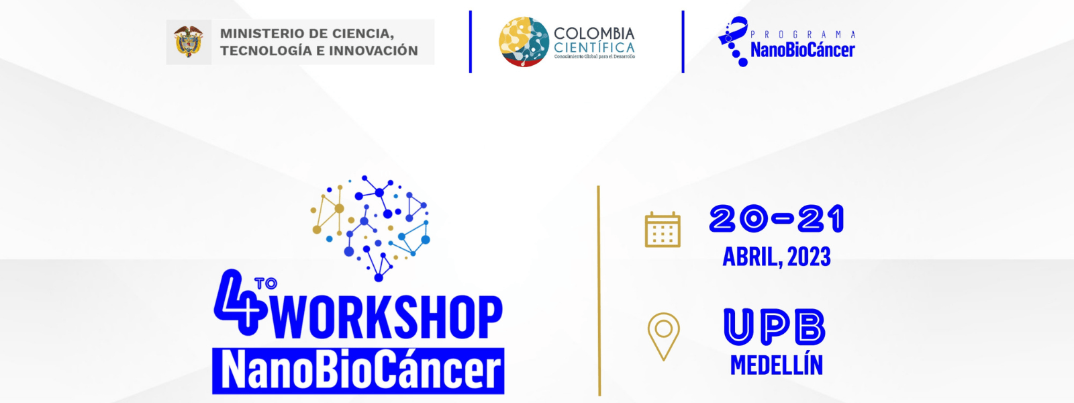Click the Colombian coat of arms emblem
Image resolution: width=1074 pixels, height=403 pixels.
coord(189,42)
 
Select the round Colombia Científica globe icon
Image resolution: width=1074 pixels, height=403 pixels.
coord(524,42)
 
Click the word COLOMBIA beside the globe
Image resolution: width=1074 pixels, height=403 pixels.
coord(594,34)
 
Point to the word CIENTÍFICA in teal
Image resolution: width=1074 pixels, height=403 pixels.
coord(594,48)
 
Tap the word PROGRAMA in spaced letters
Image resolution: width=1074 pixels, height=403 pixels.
coord(803,34)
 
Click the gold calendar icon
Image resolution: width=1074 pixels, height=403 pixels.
coord(663,229)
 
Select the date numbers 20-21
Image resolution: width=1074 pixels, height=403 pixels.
coord(777,219)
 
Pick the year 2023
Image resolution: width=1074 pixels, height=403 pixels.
coord(809,257)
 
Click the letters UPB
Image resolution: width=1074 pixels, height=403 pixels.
coord(775,326)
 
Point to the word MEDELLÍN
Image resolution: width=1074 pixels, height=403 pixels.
coord(777,365)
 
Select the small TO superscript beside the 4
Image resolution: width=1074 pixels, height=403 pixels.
coord(266,283)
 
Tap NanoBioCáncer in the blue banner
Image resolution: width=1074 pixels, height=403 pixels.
coord(360,371)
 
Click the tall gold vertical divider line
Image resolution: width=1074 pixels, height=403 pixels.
coord(599,291)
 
